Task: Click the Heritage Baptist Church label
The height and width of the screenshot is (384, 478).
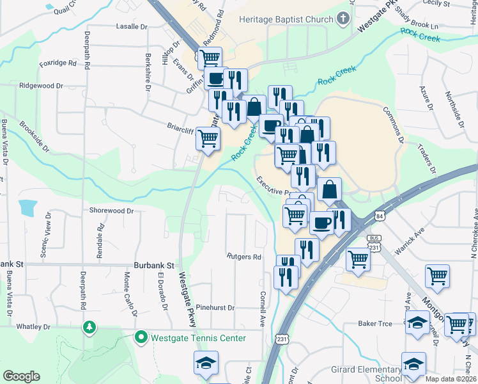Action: pyautogui.click(x=286, y=19)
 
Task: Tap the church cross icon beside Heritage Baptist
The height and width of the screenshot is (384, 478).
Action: pyautogui.click(x=343, y=19)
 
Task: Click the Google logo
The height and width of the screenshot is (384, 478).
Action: pyautogui.click(x=21, y=376)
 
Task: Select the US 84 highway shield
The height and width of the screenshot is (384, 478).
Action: pyautogui.click(x=380, y=217)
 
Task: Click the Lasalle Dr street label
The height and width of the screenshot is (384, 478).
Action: pyautogui.click(x=132, y=27)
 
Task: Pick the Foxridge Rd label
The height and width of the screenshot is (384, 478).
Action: pyautogui.click(x=58, y=64)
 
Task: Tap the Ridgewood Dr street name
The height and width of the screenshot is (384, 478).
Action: pyautogui.click(x=42, y=85)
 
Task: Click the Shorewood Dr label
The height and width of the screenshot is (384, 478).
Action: pyautogui.click(x=111, y=210)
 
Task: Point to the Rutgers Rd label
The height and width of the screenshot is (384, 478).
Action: pyautogui.click(x=244, y=257)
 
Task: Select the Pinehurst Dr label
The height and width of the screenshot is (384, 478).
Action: pyautogui.click(x=215, y=308)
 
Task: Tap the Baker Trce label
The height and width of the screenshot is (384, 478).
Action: pyautogui.click(x=375, y=324)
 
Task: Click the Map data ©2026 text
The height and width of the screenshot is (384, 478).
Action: pyautogui.click(x=451, y=378)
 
